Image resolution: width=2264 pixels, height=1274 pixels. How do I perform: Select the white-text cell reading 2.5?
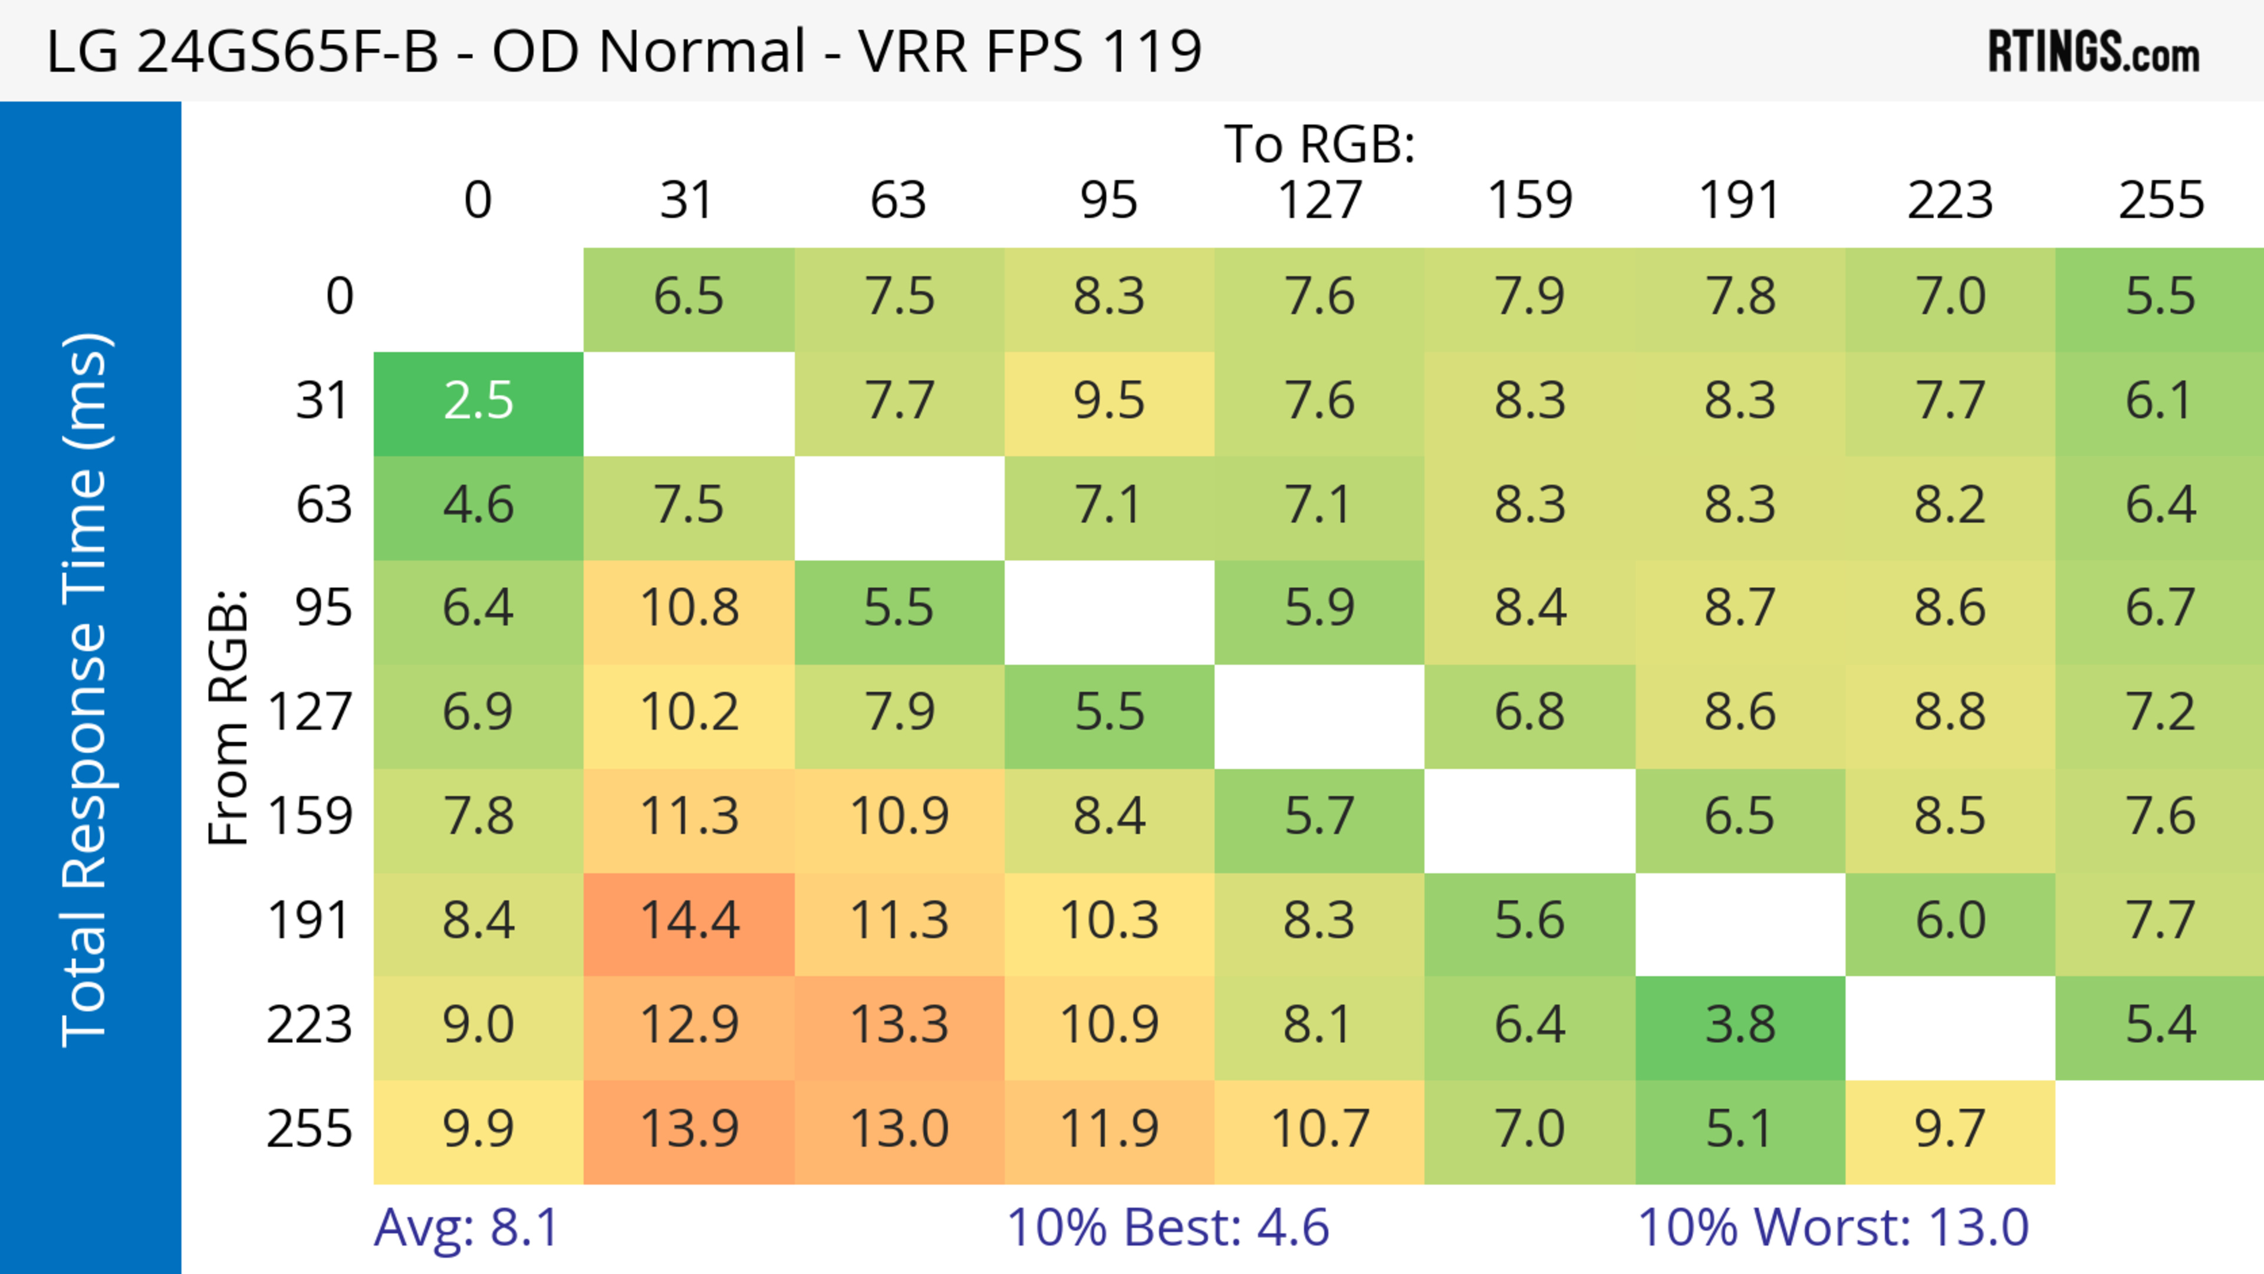point(478,401)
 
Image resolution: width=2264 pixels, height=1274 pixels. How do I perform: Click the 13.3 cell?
point(899,1025)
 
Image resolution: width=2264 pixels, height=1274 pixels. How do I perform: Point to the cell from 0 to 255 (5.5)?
point(2160,297)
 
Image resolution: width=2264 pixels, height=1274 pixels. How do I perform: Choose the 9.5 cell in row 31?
point(1109,401)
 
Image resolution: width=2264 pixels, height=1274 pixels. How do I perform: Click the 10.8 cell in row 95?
point(689,608)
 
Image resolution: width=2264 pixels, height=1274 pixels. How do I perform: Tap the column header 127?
point(1319,201)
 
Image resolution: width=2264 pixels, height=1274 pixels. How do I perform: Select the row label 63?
point(324,505)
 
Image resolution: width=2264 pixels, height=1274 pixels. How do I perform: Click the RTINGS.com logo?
point(2094,52)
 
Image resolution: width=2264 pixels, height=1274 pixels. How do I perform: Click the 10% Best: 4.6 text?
point(1167,1227)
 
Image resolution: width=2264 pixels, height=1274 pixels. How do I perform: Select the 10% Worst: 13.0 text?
point(1834,1227)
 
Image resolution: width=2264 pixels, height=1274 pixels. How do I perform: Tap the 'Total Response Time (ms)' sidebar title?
point(85,690)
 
